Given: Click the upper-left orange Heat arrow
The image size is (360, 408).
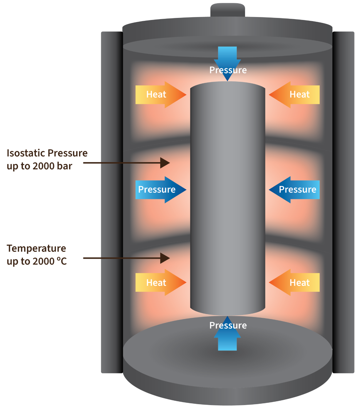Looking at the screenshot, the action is (160, 95).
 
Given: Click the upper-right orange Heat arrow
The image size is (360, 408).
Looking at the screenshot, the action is (294, 95).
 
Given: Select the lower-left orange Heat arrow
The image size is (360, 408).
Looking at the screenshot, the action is (160, 282).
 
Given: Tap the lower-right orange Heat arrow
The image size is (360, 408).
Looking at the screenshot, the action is (294, 282).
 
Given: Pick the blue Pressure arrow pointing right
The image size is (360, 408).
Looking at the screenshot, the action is (160, 190).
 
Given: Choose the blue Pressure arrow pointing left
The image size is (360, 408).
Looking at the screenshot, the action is (294, 190).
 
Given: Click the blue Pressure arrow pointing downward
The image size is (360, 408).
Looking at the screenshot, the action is (227, 64).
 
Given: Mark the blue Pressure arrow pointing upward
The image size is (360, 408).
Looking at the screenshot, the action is (227, 333).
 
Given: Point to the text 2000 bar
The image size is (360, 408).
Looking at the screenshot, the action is (52, 166).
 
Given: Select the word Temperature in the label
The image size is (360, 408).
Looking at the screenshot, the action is (36, 249).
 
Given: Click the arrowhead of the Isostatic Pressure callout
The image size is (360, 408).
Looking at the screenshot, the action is (165, 163).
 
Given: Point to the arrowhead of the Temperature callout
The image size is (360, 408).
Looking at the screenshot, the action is (165, 258).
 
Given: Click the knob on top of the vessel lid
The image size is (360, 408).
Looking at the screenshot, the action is (228, 10).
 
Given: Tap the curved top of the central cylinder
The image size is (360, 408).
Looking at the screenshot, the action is (227, 85).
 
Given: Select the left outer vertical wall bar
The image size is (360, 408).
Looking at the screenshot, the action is (112, 203).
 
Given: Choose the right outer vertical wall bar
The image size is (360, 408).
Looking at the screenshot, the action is (343, 203).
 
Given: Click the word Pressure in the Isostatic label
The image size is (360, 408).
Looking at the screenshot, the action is (68, 153).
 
